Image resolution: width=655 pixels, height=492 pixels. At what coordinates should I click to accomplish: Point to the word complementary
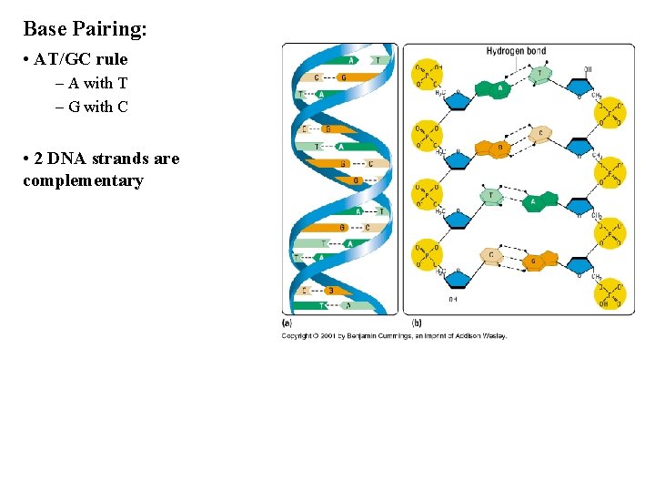tap(83, 180)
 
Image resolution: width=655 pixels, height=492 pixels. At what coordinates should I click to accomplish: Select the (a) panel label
tap(287, 322)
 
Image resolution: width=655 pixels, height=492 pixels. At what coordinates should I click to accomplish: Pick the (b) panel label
tap(416, 322)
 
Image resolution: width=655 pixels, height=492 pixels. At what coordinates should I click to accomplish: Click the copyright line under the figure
tap(394, 335)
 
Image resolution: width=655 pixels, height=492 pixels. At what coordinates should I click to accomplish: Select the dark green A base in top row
tap(499, 89)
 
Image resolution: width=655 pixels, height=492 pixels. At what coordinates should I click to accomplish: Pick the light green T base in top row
tap(541, 73)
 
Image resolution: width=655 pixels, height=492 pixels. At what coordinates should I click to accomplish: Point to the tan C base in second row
tap(540, 134)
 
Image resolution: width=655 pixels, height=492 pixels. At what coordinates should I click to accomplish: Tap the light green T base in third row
tap(492, 195)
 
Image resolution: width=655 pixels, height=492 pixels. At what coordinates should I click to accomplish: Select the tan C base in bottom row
tap(492, 256)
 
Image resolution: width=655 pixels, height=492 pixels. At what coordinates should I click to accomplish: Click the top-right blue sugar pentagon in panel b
tap(579, 88)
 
